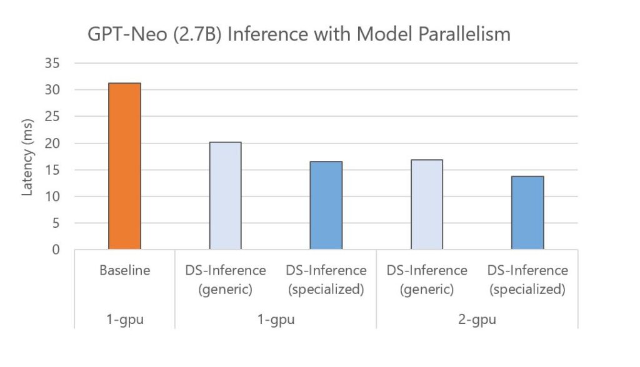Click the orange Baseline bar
(x=124, y=166)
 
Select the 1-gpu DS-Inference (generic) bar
(x=225, y=195)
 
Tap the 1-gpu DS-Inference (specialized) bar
(x=326, y=205)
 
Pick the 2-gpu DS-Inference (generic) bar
(x=427, y=204)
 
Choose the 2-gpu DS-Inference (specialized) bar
(x=527, y=213)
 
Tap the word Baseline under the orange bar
(x=124, y=270)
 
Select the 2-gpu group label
(x=477, y=320)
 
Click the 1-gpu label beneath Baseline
(x=124, y=320)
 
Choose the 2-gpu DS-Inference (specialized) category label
(x=527, y=280)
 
